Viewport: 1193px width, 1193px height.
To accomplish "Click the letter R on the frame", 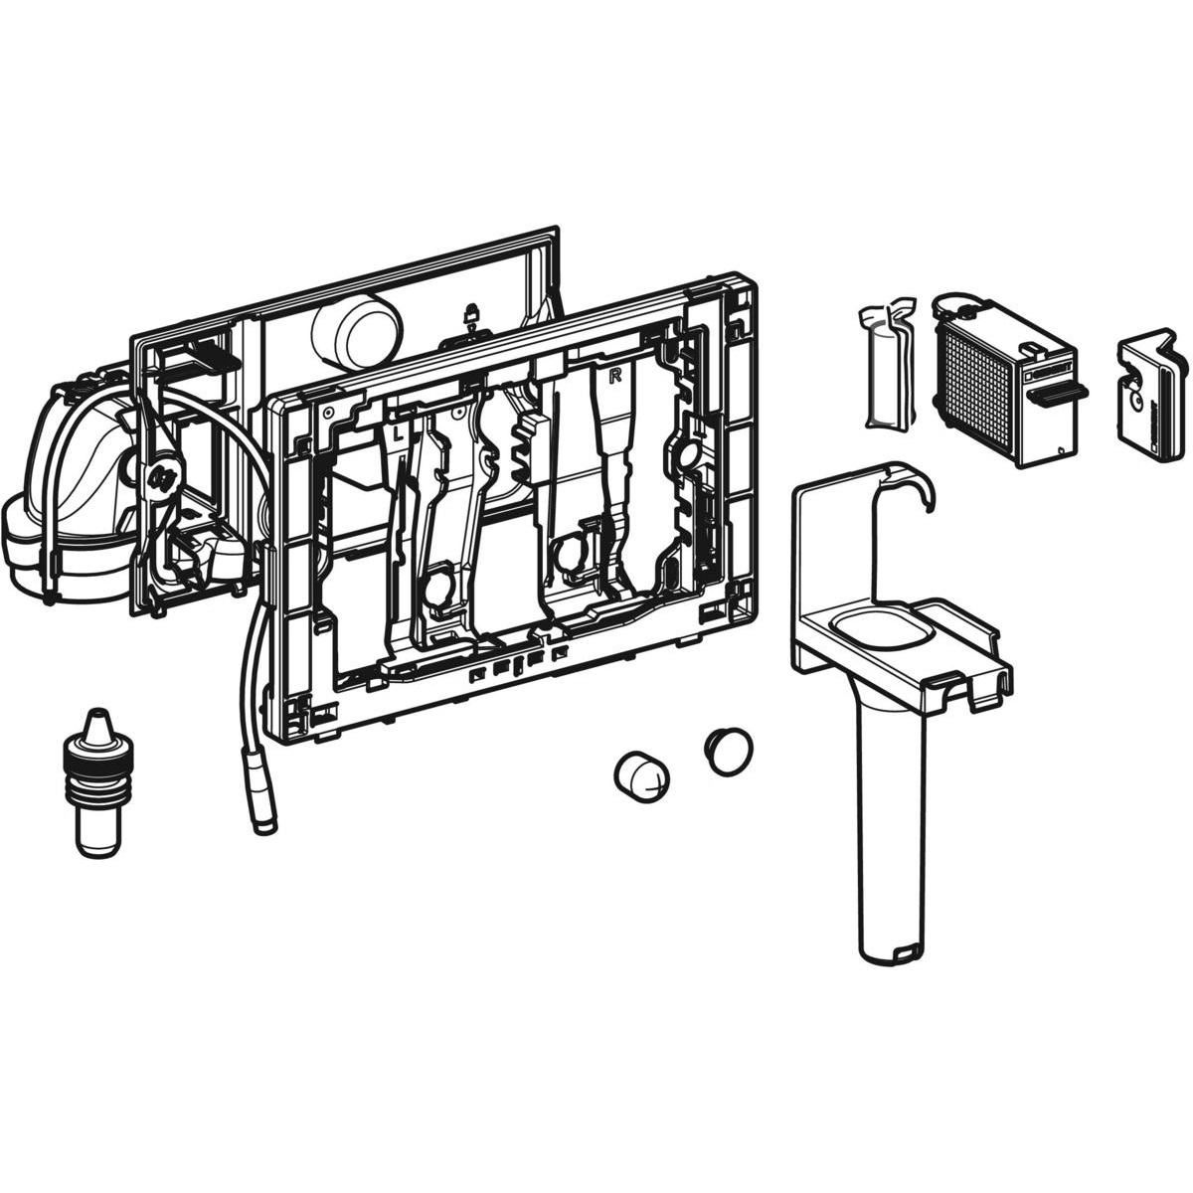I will click(615, 376).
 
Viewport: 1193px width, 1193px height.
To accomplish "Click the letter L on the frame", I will click(396, 433).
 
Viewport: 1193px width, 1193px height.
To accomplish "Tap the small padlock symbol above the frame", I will click(470, 314).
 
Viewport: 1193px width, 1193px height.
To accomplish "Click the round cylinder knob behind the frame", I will click(355, 329).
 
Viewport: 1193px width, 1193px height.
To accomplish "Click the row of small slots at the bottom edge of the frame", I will click(519, 663).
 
